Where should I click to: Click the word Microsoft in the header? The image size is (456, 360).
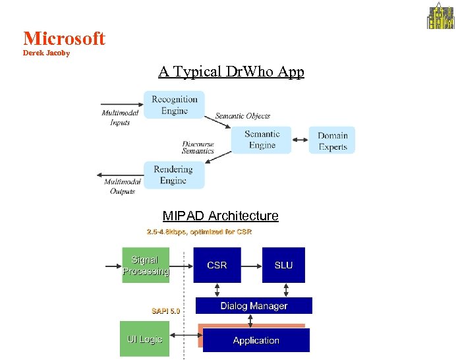pos(64,38)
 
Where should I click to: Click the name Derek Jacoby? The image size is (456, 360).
pos(46,53)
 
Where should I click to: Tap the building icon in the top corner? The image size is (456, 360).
pos(441,16)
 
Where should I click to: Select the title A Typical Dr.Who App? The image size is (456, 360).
pos(231,71)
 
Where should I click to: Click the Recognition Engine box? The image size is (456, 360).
pos(175,105)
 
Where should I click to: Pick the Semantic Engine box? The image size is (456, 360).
pos(262,139)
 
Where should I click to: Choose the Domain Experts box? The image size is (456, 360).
pos(332,140)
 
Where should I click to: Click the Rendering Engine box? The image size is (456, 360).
pos(174,175)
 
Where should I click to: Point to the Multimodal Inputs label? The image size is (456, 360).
pos(120,117)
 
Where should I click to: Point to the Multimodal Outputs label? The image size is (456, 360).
pos(123,186)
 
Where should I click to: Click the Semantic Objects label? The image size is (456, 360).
pos(242,116)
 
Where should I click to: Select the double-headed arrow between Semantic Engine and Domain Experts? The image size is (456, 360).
pos(300,140)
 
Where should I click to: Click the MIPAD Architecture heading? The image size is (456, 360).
pos(220,216)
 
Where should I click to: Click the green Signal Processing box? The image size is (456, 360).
pos(146,265)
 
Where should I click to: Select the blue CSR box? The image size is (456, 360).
pos(217,265)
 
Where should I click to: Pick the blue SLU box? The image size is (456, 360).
pos(283,265)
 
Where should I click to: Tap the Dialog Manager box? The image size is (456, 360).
pos(254,306)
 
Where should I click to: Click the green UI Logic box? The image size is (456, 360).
pos(144,339)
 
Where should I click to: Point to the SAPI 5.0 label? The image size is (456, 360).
pos(165,310)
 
